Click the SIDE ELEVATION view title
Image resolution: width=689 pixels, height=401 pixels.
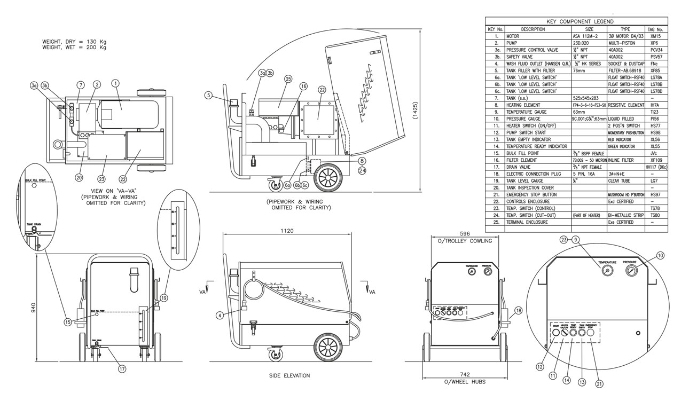(289, 375)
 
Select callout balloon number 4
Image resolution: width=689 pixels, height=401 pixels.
(218, 315)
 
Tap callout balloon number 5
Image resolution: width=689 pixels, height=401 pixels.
(208, 96)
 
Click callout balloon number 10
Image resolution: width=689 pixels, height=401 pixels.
(661, 256)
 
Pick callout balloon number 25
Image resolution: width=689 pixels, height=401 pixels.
(287, 79)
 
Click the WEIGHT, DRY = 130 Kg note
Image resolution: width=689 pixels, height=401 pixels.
(74, 41)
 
